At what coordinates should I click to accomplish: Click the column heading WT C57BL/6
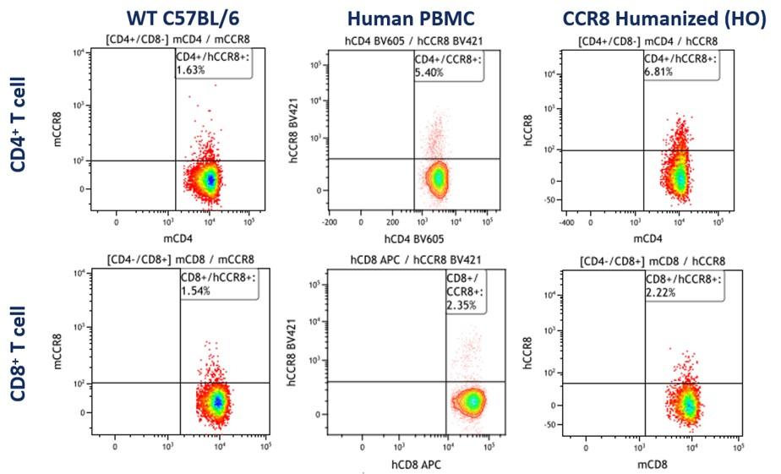183,18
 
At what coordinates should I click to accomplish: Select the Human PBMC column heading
411,19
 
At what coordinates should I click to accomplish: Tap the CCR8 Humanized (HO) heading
664,19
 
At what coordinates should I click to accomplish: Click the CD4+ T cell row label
18,124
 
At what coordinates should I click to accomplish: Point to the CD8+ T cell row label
18,353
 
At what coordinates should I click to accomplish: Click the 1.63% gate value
190,69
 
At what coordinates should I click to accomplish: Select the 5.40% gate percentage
429,72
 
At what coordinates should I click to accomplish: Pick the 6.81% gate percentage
658,71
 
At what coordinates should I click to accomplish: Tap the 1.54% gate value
195,291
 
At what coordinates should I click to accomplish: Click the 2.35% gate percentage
461,305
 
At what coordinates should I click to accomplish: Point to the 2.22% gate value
661,292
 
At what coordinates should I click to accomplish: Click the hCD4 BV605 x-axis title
414,239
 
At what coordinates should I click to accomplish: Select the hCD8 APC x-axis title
416,465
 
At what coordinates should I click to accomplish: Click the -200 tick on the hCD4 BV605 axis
330,222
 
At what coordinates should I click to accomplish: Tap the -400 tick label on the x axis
567,222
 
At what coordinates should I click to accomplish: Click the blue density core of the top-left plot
210,180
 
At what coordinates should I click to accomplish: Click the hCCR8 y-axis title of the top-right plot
528,130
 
